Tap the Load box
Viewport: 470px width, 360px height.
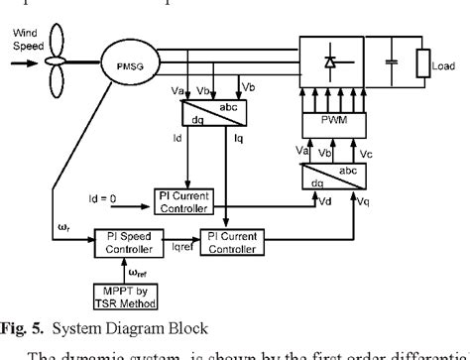(422, 60)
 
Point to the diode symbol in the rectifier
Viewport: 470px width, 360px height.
(328, 61)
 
